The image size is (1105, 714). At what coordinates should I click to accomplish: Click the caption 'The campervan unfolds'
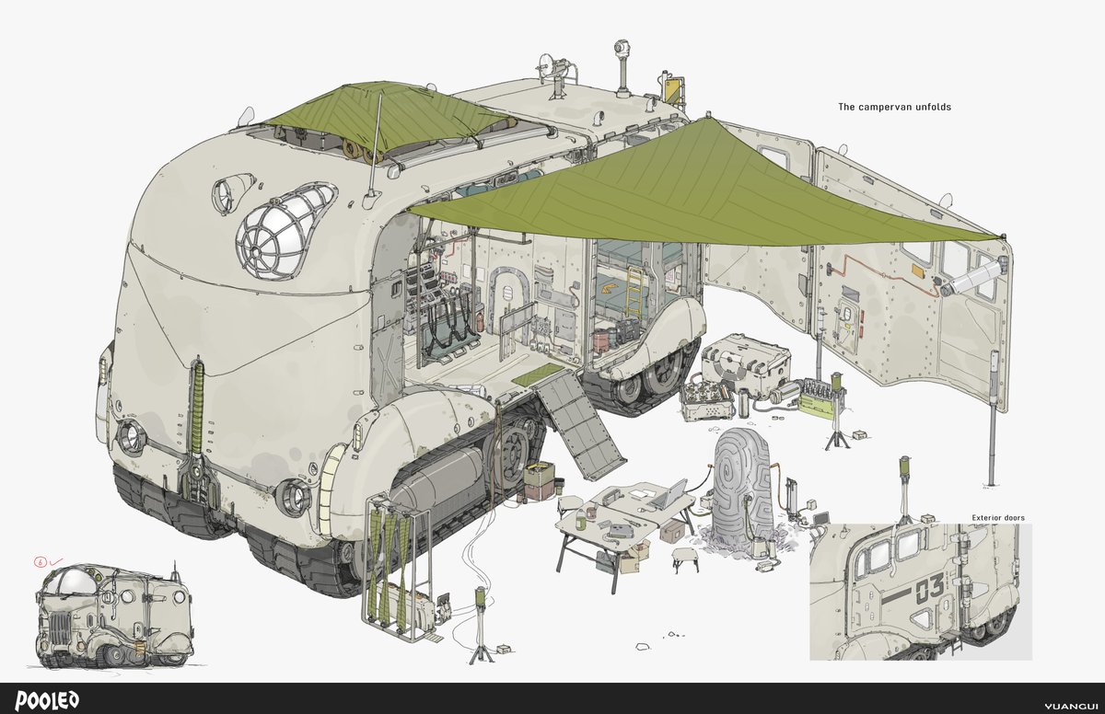pyautogui.click(x=894, y=107)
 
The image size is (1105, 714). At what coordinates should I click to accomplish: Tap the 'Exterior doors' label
pyautogui.click(x=998, y=517)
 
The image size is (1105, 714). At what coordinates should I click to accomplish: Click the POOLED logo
pyautogui.click(x=47, y=700)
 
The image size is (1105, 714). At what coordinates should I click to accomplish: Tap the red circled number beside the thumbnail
pyautogui.click(x=40, y=561)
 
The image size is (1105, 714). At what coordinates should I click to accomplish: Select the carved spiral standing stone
pyautogui.click(x=742, y=486)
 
